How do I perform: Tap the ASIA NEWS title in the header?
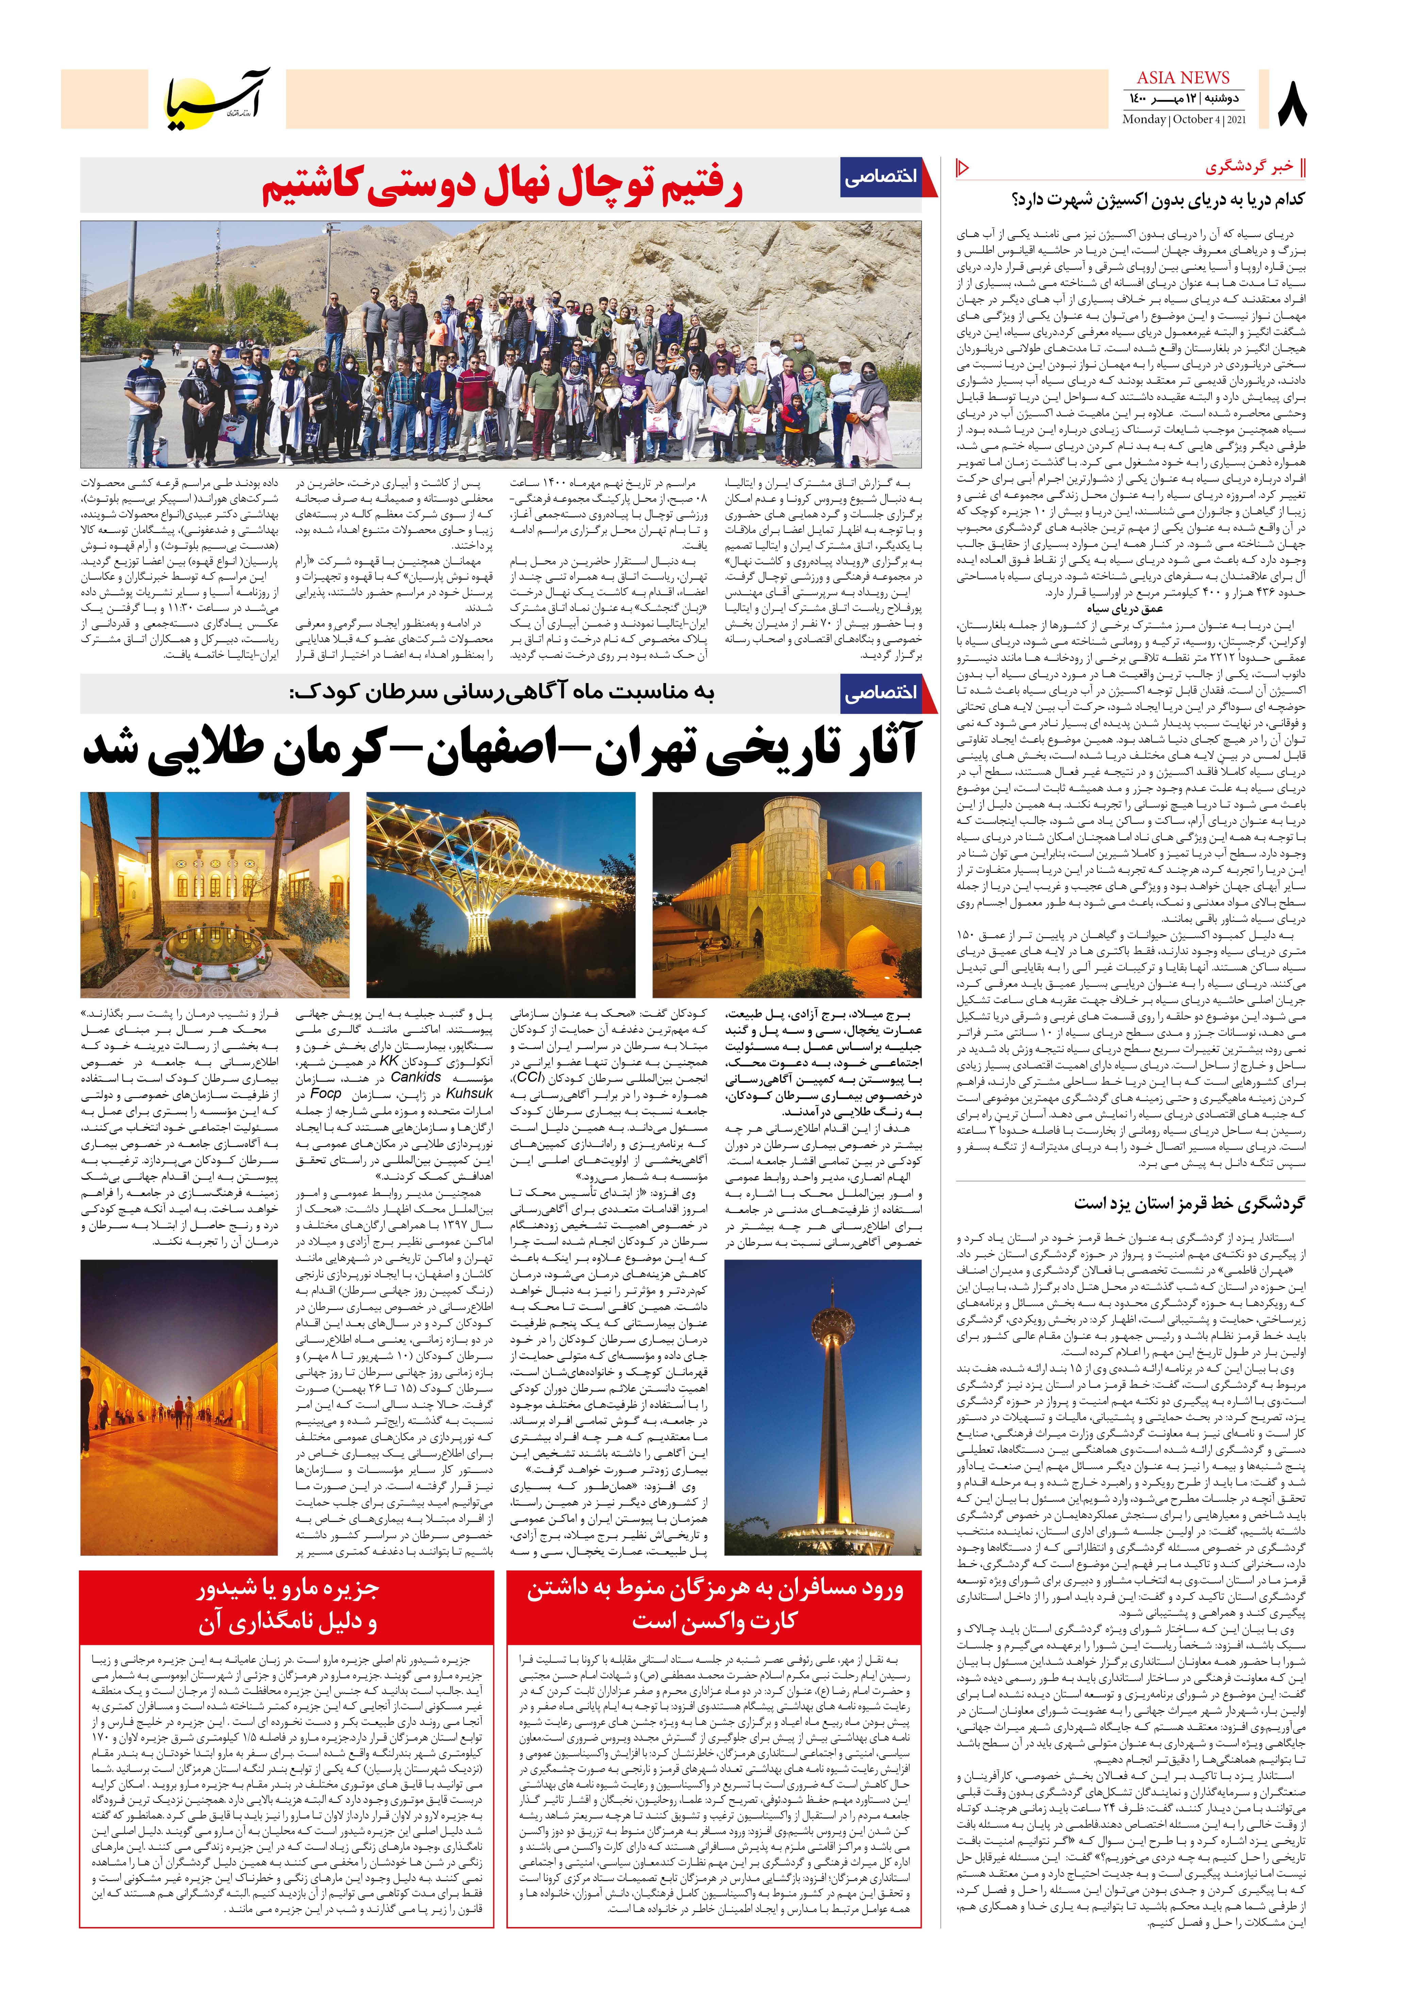1183,78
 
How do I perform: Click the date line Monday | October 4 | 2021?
1184,120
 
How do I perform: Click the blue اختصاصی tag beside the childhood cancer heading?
882,693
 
